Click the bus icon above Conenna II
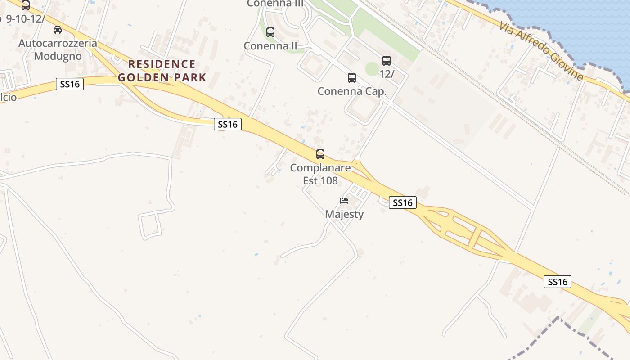pyautogui.click(x=270, y=32)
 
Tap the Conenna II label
pyautogui.click(x=270, y=46)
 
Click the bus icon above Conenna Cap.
pyautogui.click(x=352, y=78)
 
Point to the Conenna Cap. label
pyautogui.click(x=352, y=91)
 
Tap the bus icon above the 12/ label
pyautogui.click(x=386, y=61)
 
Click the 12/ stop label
pyautogui.click(x=387, y=74)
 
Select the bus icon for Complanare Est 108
pyautogui.click(x=320, y=154)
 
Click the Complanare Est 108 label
pyautogui.click(x=320, y=174)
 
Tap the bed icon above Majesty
pyautogui.click(x=344, y=201)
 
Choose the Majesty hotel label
pyautogui.click(x=344, y=214)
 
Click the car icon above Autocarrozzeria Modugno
pyautogui.click(x=58, y=30)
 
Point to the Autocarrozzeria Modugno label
pyautogui.click(x=58, y=49)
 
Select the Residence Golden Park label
pyautogui.click(x=162, y=71)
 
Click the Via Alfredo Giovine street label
pyautogui.click(x=541, y=51)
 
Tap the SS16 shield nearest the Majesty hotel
pyautogui.click(x=402, y=203)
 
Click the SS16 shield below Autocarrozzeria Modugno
pyautogui.click(x=70, y=84)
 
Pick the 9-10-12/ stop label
pyautogui.click(x=24, y=19)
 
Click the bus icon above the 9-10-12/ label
pyautogui.click(x=26, y=5)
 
